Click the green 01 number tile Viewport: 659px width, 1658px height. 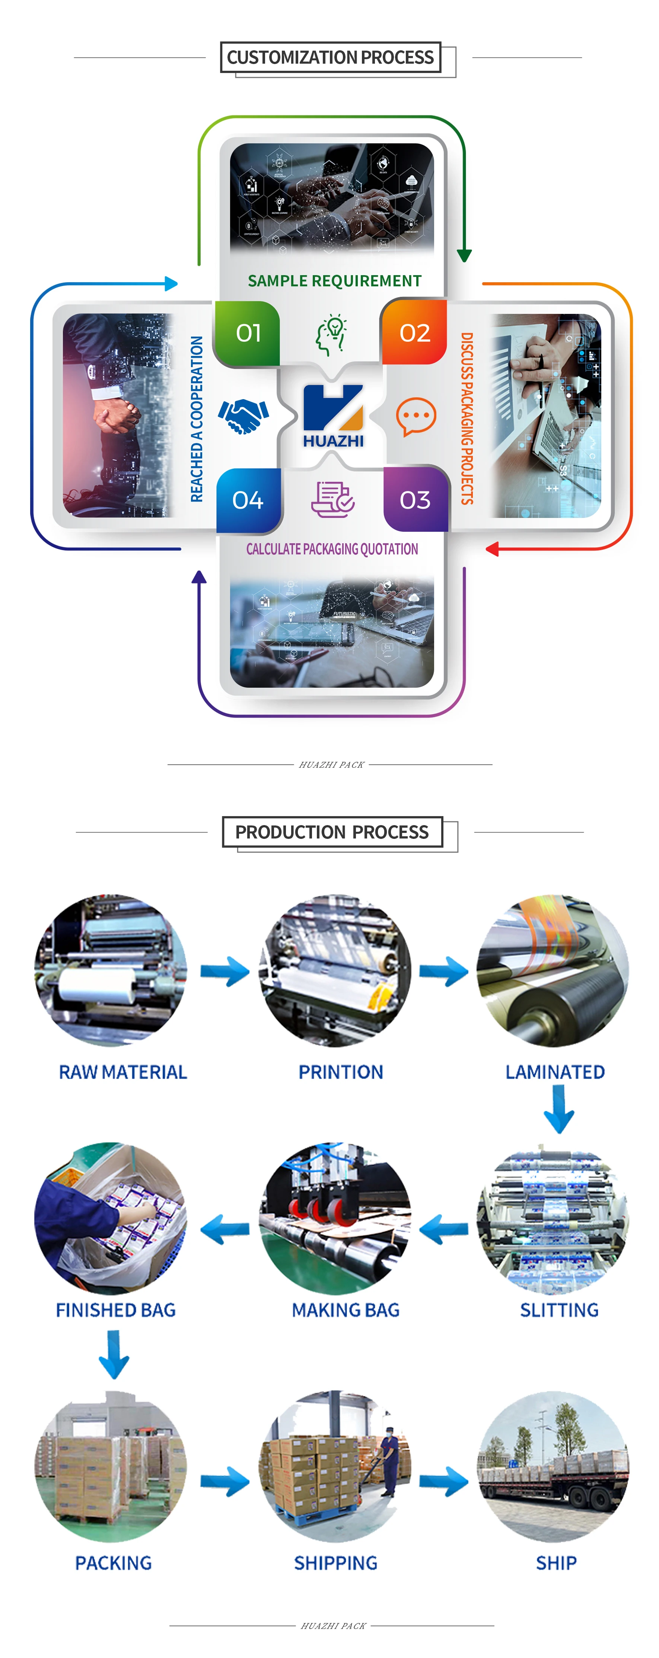coord(248,333)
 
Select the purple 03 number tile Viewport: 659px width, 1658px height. coord(414,499)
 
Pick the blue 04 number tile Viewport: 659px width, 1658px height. coord(248,499)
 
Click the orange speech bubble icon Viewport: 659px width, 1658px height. coord(416,416)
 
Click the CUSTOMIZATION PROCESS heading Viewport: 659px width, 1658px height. coord(330,57)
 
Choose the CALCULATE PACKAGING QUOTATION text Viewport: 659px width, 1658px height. coord(332,549)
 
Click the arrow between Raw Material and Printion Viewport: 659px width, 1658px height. coord(225,971)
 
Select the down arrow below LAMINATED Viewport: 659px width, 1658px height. coord(558,1108)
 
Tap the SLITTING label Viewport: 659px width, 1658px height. coord(558,1310)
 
